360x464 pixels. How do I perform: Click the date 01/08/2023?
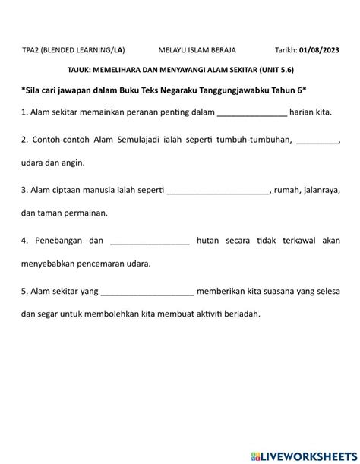(x=321, y=50)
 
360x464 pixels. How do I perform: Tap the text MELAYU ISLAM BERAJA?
(x=197, y=50)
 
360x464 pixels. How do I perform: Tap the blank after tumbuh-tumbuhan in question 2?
(x=317, y=140)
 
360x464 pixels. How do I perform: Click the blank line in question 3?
(x=218, y=191)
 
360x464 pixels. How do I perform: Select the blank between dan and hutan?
(x=150, y=241)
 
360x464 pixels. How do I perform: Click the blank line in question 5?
(x=147, y=291)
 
